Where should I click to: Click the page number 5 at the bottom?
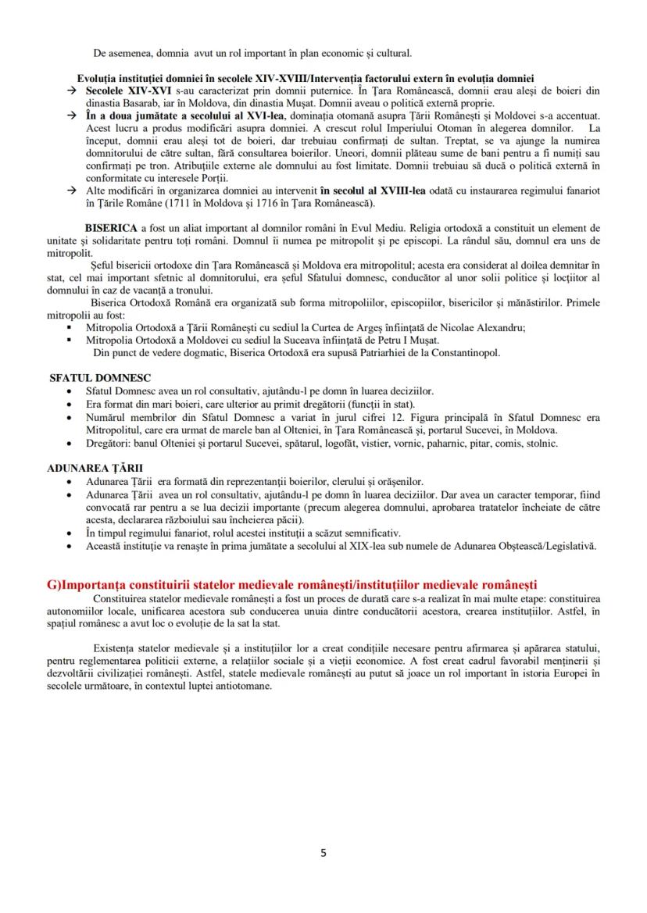(x=323, y=852)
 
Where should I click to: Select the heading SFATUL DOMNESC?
(x=100, y=377)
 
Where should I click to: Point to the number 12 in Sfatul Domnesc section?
(x=396, y=418)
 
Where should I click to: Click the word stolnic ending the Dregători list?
(x=541, y=443)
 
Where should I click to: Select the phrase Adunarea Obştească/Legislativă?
(x=517, y=545)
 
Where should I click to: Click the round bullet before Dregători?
(x=70, y=443)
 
